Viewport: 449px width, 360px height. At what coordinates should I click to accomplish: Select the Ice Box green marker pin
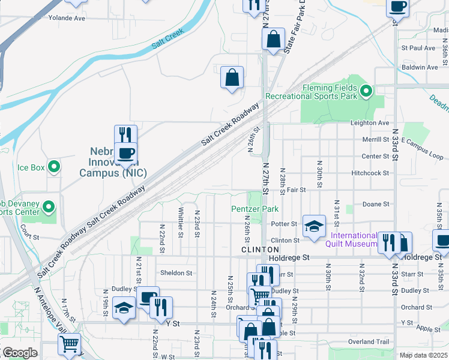tap(54, 167)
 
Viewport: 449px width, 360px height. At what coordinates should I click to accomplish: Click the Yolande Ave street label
tap(84, 18)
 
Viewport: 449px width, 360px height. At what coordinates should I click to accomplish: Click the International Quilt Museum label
tap(354, 239)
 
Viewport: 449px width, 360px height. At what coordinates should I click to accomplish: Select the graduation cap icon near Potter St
tap(313, 226)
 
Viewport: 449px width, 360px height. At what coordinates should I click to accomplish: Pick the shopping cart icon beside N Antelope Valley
tap(70, 344)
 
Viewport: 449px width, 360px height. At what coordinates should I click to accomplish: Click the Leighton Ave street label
tap(370, 123)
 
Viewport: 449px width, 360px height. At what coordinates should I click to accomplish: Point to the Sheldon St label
tap(176, 272)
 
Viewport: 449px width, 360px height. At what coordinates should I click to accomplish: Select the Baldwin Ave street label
tap(420, 67)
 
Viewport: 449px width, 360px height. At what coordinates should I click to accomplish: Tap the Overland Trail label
tap(369, 342)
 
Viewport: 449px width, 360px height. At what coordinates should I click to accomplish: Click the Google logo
tap(20, 353)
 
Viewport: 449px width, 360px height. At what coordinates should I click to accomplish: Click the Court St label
tap(29, 236)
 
